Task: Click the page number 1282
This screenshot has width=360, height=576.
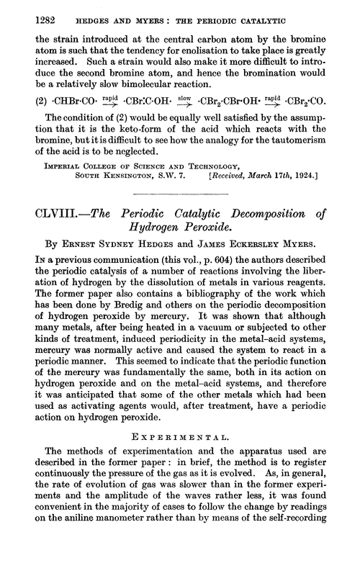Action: click(x=30, y=23)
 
